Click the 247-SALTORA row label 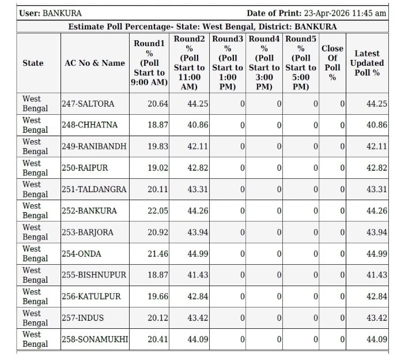click(88, 104)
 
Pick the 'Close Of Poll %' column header click(332, 63)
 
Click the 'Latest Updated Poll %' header click(366, 63)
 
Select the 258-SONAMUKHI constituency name click(94, 339)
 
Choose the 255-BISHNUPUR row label click(94, 275)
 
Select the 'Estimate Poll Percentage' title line click(202, 27)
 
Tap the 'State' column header click(33, 63)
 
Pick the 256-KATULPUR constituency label click(91, 297)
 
